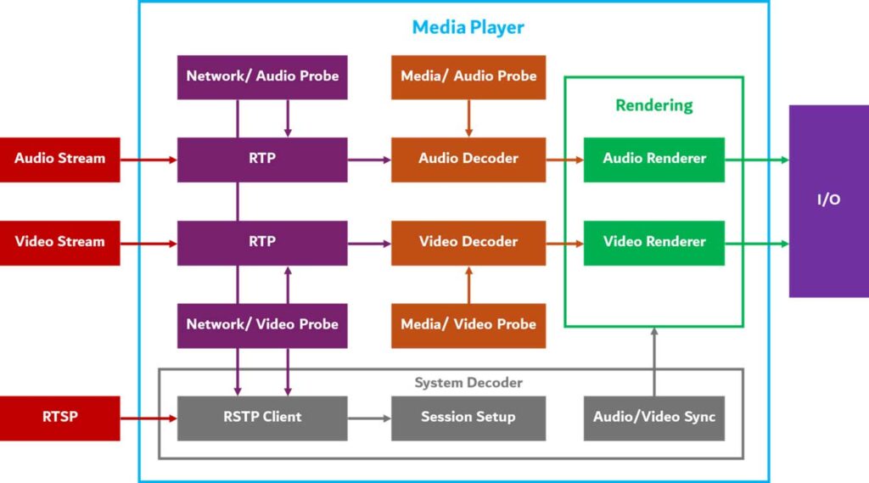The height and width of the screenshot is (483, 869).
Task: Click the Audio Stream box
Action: [x=59, y=159]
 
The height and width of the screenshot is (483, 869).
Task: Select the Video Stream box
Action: [x=59, y=242]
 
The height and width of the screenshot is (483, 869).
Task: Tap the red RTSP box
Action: [x=59, y=418]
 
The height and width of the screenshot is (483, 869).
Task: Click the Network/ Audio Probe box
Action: [x=262, y=76]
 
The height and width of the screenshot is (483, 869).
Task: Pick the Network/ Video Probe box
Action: [x=262, y=324]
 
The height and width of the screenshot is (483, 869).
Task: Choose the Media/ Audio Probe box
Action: [x=468, y=76]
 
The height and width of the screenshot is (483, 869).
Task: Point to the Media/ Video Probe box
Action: [x=468, y=324]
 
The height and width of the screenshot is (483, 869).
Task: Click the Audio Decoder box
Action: [x=468, y=159]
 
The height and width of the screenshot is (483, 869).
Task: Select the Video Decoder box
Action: [x=468, y=242]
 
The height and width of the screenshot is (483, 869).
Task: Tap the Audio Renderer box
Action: [x=654, y=159]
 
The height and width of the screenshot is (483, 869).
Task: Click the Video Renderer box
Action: [x=654, y=242]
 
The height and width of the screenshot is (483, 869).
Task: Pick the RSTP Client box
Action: [x=262, y=418]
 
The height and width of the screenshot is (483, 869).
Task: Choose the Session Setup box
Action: [x=468, y=418]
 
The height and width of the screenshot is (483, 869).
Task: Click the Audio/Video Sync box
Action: [x=654, y=418]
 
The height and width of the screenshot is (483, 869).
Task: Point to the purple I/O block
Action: [x=828, y=201]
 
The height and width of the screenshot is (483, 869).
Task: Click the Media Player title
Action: [x=468, y=27]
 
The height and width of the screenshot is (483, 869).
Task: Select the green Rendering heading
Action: [x=654, y=105]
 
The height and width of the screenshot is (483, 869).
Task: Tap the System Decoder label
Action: [x=468, y=383]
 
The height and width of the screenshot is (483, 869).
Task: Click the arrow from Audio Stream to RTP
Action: [x=149, y=159]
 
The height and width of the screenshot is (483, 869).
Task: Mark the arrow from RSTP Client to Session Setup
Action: [x=369, y=418]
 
